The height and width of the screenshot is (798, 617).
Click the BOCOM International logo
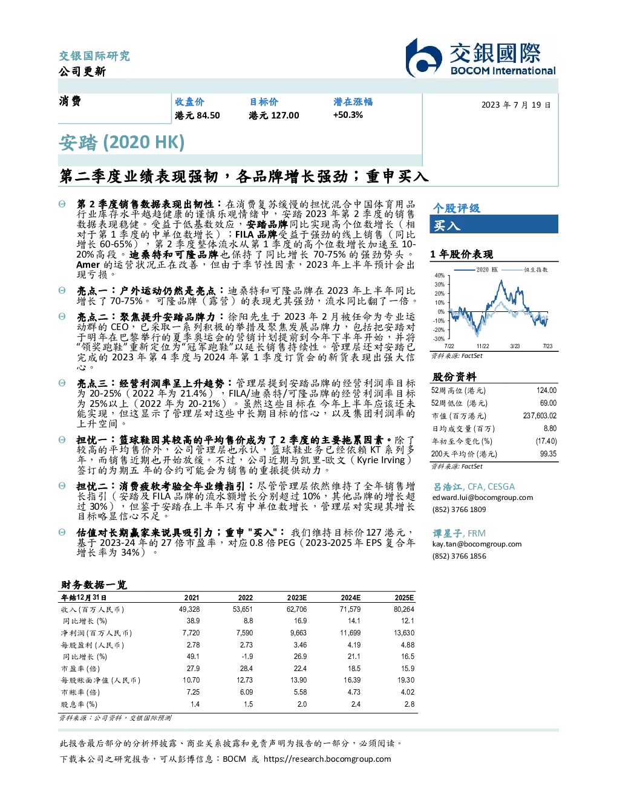point(480,57)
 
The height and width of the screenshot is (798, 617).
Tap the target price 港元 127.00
point(274,115)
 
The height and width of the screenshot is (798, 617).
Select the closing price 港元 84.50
point(197,115)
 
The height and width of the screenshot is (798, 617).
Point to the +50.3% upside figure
point(348,115)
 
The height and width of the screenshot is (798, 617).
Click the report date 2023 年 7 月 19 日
point(516,105)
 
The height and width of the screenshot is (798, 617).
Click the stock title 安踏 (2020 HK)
point(122,143)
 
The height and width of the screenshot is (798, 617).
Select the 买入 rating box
point(494,224)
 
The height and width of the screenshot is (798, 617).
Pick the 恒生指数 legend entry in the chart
point(525,270)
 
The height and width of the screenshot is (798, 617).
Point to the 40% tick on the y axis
point(440,276)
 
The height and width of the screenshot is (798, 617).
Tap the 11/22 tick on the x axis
point(483,346)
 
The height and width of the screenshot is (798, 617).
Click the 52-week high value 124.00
point(546,391)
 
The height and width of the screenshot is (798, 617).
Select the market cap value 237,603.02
point(540,416)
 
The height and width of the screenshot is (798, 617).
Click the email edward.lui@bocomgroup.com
point(483,498)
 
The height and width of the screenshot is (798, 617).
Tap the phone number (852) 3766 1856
point(459,556)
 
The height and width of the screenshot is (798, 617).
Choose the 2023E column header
point(297,597)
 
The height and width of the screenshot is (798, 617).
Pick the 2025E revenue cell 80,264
point(404,609)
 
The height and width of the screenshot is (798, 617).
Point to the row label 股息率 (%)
point(79,704)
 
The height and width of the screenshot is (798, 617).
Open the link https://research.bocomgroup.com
point(327,759)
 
